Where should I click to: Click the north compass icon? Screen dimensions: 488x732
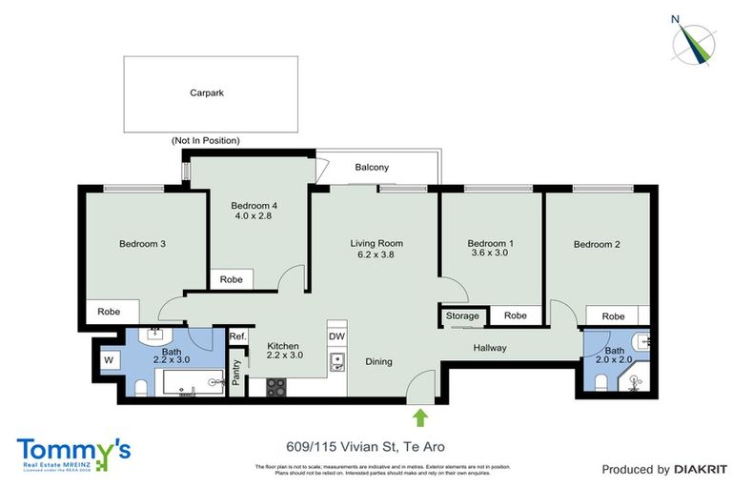pos(697,39)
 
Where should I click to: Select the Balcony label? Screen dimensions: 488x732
pos(372,168)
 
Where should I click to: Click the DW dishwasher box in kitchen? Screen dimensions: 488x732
pos(336,335)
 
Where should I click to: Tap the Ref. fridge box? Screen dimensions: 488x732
pos(237,335)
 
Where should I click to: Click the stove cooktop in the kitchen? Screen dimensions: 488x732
pos(276,387)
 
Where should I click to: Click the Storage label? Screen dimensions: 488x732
pos(463,315)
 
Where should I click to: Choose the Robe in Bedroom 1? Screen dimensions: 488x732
pos(515,315)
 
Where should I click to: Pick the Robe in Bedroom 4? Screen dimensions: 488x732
pos(231,280)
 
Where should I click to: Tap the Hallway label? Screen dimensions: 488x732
pos(491,348)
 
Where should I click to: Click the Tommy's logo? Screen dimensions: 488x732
pos(73,452)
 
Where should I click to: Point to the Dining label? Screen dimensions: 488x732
pos(378,361)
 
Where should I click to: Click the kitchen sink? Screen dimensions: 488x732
pos(336,361)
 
